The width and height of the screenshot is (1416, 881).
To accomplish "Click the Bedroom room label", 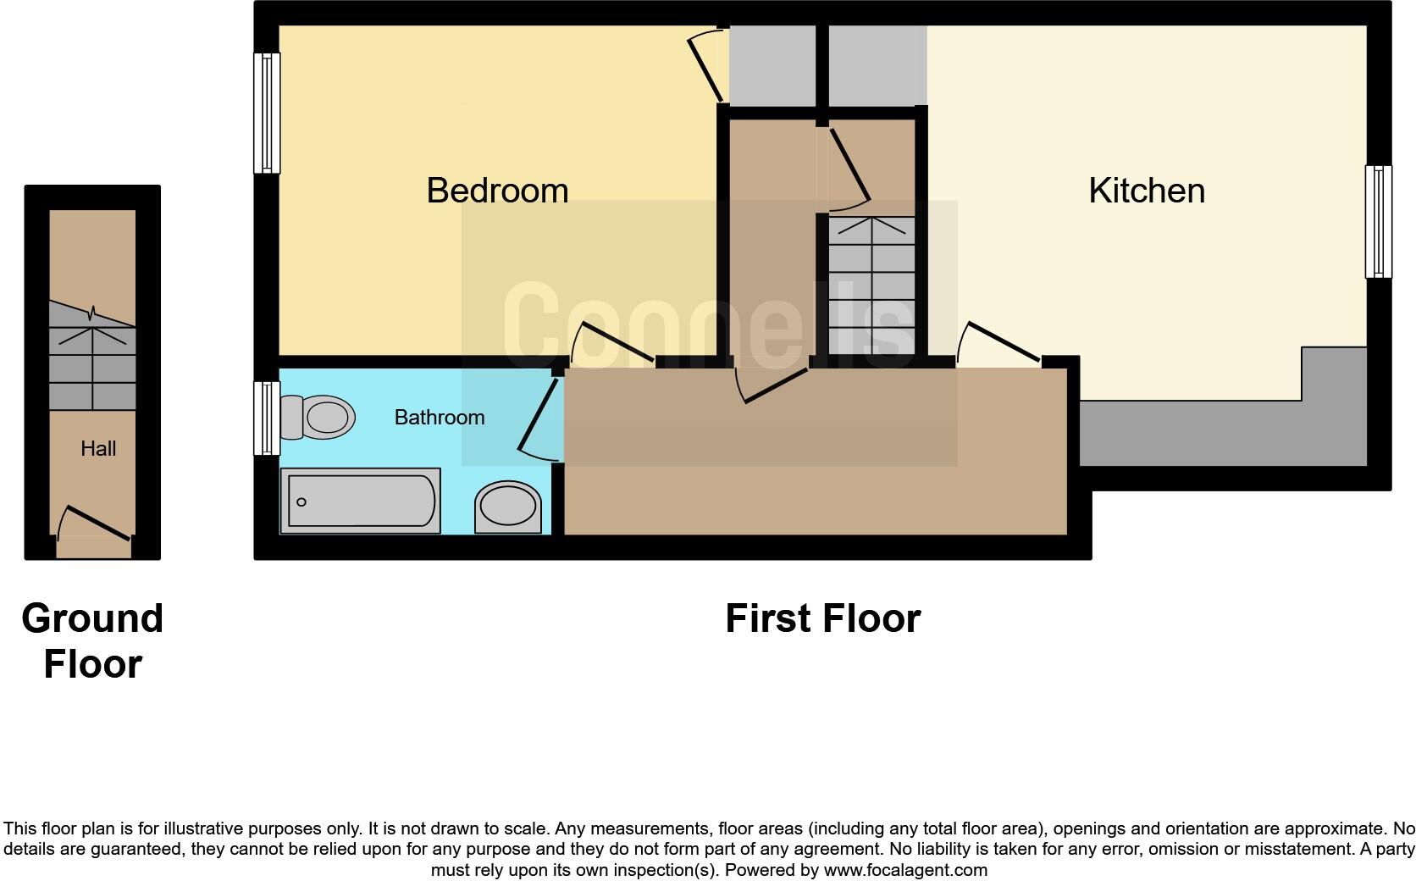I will (x=497, y=191).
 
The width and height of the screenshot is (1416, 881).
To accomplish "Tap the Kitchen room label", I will (x=1147, y=191).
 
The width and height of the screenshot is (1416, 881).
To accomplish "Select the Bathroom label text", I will (x=440, y=417).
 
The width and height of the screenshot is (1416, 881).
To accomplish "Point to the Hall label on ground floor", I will (x=98, y=448).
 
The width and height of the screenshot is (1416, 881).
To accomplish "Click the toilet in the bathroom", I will (x=318, y=417).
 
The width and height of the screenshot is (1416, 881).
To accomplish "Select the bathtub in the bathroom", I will (x=361, y=501).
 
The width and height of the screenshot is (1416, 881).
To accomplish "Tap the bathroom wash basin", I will (x=507, y=507).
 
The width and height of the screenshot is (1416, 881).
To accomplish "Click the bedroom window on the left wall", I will (x=268, y=114).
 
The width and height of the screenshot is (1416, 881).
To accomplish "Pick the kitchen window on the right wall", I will (x=1378, y=222).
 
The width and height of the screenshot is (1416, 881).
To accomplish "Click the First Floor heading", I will (x=822, y=618).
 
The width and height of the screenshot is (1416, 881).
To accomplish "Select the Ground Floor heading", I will (x=92, y=640).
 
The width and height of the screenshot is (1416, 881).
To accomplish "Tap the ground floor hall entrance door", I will (x=96, y=523).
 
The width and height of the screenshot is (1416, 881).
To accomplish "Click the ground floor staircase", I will (x=92, y=360).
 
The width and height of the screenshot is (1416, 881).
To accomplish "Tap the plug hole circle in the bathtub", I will (x=301, y=502).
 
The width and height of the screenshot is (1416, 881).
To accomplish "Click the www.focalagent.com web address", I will (x=905, y=870).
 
